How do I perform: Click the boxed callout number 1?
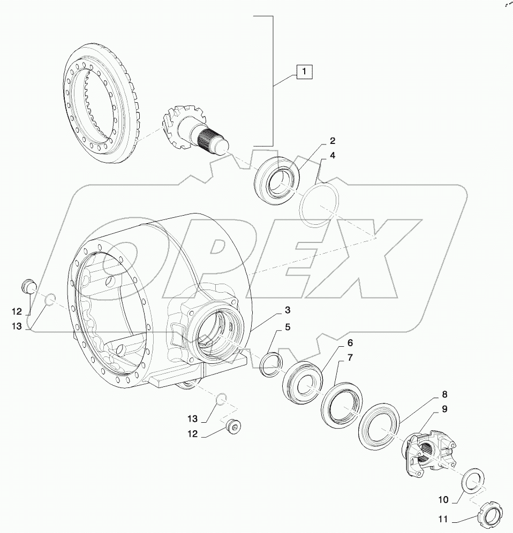[x=304, y=71]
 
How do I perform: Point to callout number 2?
[x=333, y=141]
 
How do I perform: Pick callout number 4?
[x=333, y=156]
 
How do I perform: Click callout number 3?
[x=288, y=310]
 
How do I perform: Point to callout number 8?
[x=444, y=397]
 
